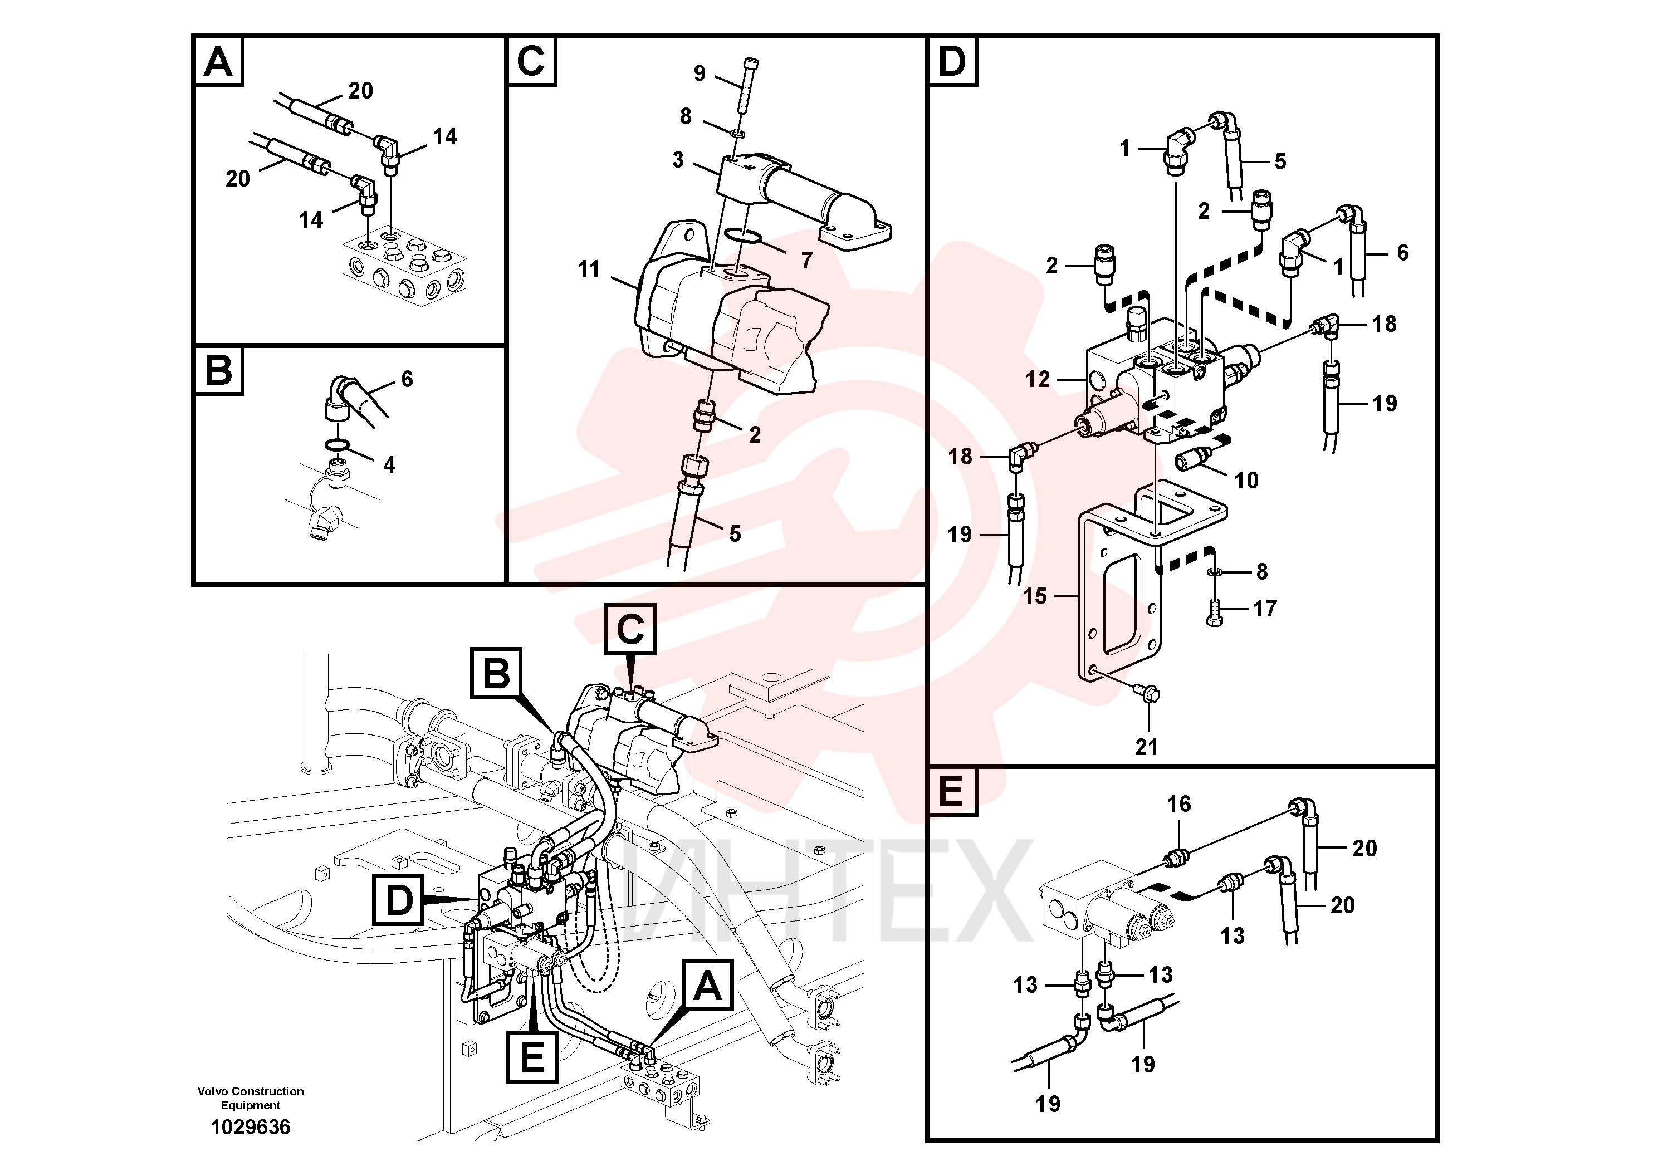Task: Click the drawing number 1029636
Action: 250,1127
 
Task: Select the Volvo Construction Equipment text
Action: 251,1097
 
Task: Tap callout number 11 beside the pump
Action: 589,270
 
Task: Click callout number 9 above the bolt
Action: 699,73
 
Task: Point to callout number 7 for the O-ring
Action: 806,260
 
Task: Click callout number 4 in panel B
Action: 389,465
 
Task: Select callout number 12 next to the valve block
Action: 1038,379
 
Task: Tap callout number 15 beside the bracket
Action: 1035,596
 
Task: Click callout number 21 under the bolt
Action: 1146,747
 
